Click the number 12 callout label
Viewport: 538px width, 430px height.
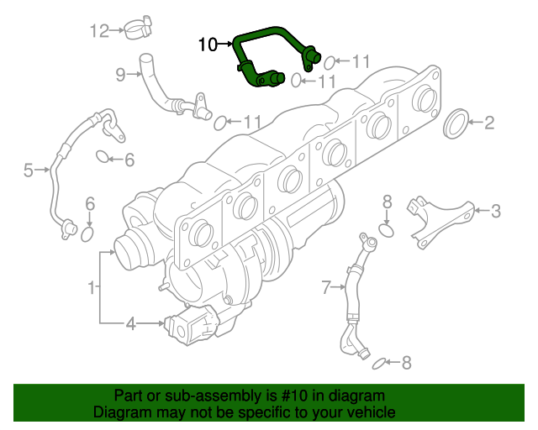(100, 32)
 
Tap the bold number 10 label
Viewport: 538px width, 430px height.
(208, 44)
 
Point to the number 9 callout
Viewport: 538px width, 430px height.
(120, 76)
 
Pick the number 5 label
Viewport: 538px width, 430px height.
(28, 171)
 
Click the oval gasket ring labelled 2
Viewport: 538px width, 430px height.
(455, 124)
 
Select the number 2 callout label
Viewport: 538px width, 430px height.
(488, 123)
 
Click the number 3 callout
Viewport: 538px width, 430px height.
(495, 211)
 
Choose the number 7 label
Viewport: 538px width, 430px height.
(327, 289)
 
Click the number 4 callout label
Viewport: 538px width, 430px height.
(130, 323)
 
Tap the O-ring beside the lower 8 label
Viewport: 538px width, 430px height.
(380, 363)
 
